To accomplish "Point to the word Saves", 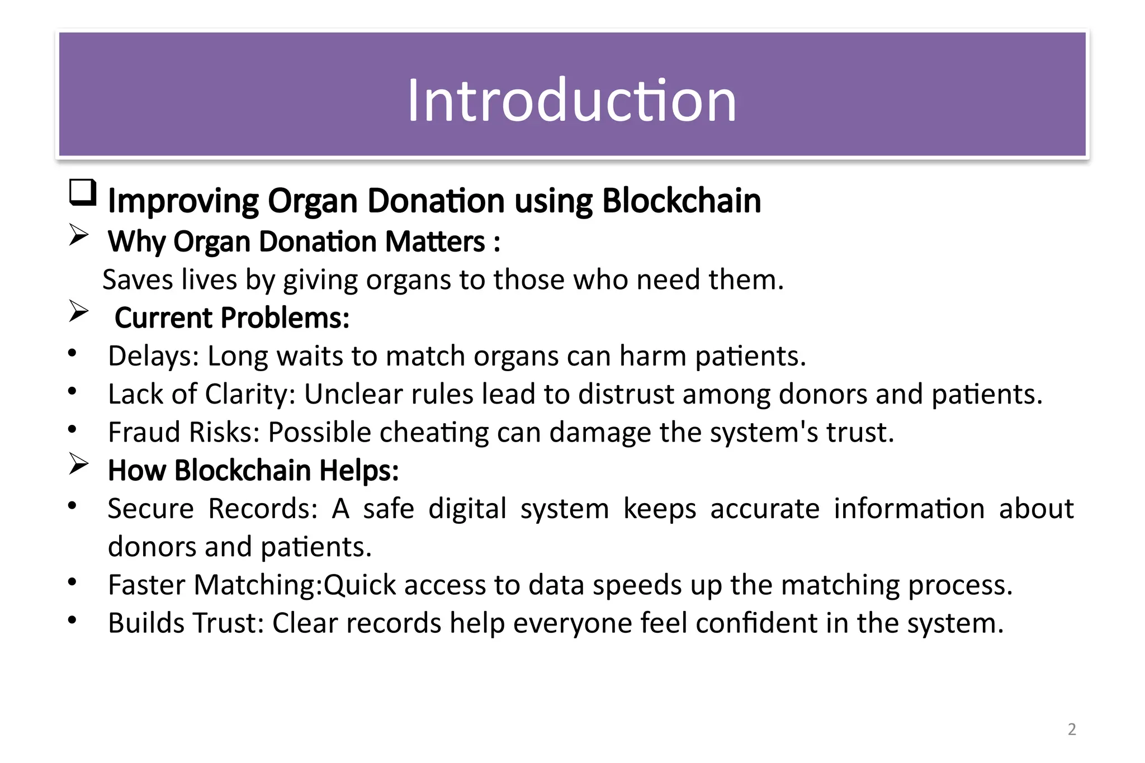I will tap(138, 279).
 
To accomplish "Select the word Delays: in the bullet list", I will tap(153, 356).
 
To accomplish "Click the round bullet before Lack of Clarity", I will tap(72, 391).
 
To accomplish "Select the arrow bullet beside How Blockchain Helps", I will tap(79, 463).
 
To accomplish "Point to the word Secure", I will tap(150, 509).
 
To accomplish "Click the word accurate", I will tap(764, 509).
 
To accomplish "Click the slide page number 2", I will tap(1071, 729).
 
